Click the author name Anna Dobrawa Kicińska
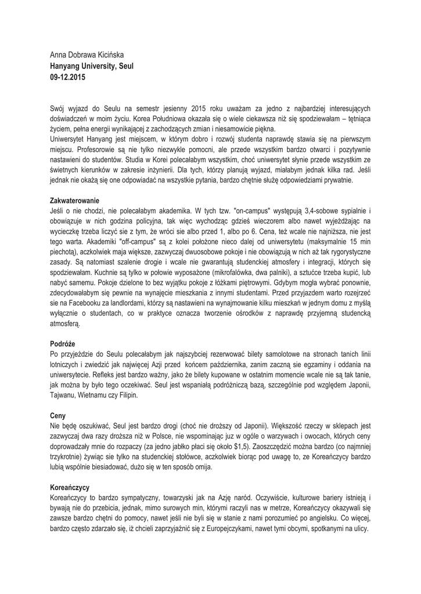[88, 55]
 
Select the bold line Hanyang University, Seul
[92, 66]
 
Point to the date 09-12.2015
[67, 77]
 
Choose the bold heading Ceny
[58, 416]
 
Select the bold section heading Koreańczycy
[70, 488]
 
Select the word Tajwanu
[67, 396]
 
